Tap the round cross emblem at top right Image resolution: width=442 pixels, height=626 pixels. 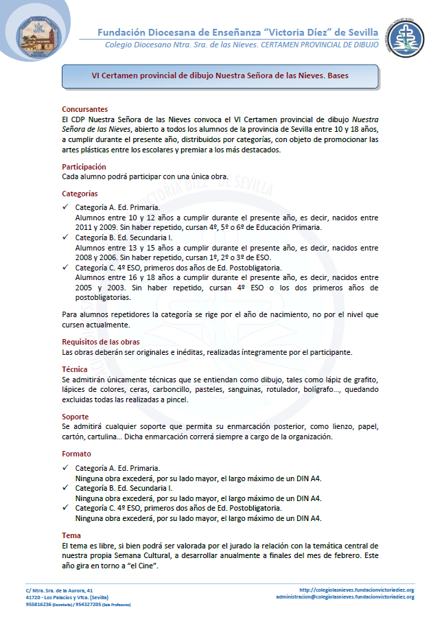point(402,38)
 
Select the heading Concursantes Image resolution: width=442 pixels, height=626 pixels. point(84,109)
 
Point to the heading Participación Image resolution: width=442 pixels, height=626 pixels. point(84,166)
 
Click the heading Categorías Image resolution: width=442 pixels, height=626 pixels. point(80,194)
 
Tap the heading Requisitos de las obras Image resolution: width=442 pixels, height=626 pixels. point(102,341)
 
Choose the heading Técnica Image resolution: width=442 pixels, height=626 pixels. point(75,369)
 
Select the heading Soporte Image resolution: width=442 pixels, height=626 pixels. point(75,416)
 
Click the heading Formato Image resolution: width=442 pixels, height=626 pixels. point(76,454)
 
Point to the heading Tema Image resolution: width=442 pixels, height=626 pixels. point(71,535)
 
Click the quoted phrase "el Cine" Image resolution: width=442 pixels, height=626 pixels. point(141,565)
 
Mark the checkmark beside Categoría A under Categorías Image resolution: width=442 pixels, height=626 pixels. point(65,207)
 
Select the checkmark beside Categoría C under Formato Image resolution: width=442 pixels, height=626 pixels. point(65,508)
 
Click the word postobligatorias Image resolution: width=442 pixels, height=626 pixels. point(102,297)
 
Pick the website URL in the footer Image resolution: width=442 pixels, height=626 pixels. point(357,590)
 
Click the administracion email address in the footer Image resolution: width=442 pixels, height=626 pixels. point(345,597)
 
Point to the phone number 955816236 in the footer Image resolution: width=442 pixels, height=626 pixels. point(40,605)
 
